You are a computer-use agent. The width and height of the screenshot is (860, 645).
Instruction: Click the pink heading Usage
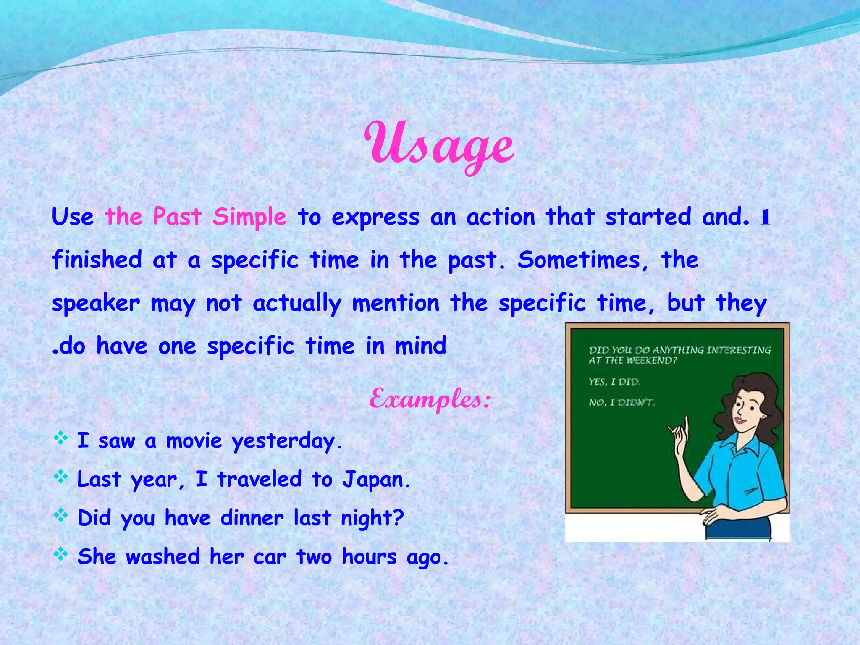pyautogui.click(x=439, y=145)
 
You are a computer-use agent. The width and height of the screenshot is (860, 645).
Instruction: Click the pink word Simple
pyautogui.click(x=249, y=217)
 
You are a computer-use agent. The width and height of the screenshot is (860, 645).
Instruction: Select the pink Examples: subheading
pyautogui.click(x=430, y=399)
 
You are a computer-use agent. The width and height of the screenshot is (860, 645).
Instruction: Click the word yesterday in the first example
pyautogui.click(x=288, y=441)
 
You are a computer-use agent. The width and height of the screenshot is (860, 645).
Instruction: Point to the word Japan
pyautogui.click(x=376, y=480)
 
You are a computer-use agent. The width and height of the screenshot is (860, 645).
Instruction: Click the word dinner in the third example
pyautogui.click(x=252, y=518)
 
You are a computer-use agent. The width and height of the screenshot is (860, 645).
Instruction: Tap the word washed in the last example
pyautogui.click(x=163, y=557)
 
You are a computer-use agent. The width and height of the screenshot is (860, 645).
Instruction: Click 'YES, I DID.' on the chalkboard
pyautogui.click(x=614, y=381)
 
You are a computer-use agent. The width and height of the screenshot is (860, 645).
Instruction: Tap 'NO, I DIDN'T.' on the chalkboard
pyautogui.click(x=621, y=402)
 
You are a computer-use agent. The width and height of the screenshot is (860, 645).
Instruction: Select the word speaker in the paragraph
pyautogui.click(x=96, y=303)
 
